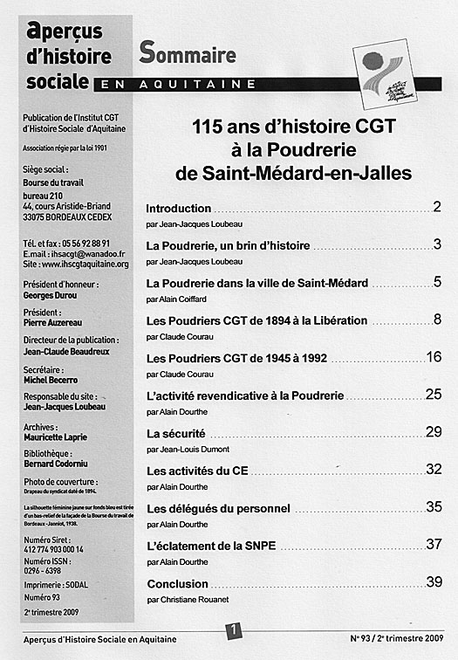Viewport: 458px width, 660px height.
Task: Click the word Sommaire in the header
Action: (x=188, y=54)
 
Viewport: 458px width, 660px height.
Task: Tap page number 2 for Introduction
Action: (x=436, y=208)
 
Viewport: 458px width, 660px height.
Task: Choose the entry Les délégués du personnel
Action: (x=218, y=508)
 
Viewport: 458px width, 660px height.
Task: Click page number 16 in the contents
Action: (x=434, y=357)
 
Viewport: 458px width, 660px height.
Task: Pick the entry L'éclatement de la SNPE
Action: (x=212, y=546)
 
